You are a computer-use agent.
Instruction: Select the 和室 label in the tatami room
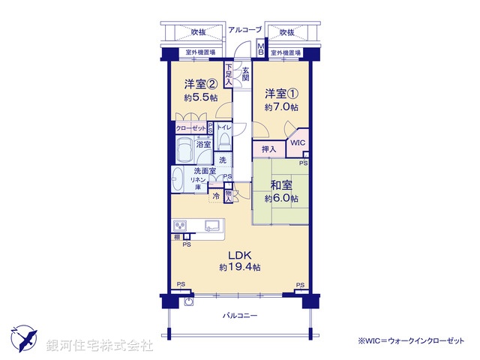pyautogui.click(x=281, y=186)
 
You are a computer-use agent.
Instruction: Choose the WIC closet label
pyautogui.click(x=297, y=142)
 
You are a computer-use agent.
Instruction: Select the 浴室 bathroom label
pyautogui.click(x=203, y=143)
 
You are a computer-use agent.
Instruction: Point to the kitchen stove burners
pyautogui.click(x=181, y=225)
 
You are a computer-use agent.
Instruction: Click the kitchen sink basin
pyautogui.click(x=211, y=225)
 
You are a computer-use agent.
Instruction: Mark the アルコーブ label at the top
pyautogui.click(x=245, y=30)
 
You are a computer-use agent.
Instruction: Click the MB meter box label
pyautogui.click(x=261, y=49)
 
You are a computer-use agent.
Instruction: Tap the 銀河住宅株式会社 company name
pyautogui.click(x=100, y=346)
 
